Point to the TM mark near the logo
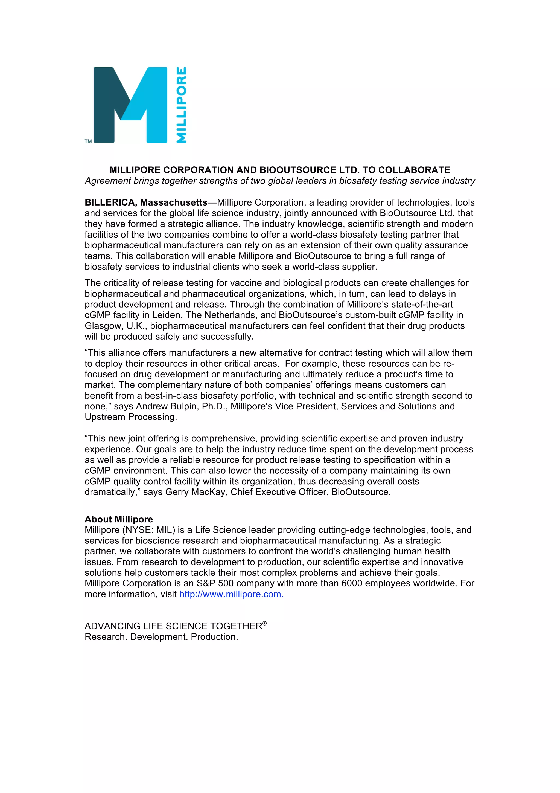click(88, 141)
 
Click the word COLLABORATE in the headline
click(414, 170)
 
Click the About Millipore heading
click(119, 519)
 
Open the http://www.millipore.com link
click(231, 594)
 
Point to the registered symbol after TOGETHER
click(265, 623)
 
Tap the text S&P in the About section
click(206, 583)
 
